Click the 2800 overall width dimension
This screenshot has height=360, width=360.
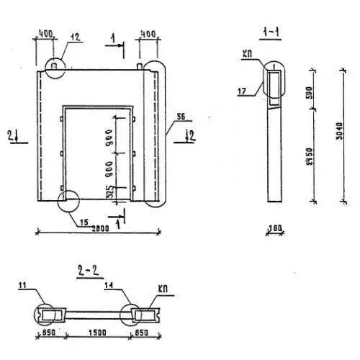100,229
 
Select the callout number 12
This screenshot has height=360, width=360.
75,37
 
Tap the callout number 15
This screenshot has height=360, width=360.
84,222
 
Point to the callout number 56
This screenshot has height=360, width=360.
181,117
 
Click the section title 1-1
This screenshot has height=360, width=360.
271,32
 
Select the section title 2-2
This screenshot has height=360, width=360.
89,271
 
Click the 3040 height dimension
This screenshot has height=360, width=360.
339,131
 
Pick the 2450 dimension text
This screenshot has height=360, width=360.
310,156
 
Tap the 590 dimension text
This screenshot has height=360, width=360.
310,92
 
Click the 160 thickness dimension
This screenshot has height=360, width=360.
274,228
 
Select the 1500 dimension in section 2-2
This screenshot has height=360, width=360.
97,333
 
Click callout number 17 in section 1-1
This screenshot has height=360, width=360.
242,91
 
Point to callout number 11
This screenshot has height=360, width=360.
22,285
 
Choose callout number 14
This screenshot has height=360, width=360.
109,285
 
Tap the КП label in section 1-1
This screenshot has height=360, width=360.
247,54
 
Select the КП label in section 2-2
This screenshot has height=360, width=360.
163,289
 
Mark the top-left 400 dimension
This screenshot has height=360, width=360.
45,34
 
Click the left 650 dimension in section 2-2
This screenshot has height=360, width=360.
49,333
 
